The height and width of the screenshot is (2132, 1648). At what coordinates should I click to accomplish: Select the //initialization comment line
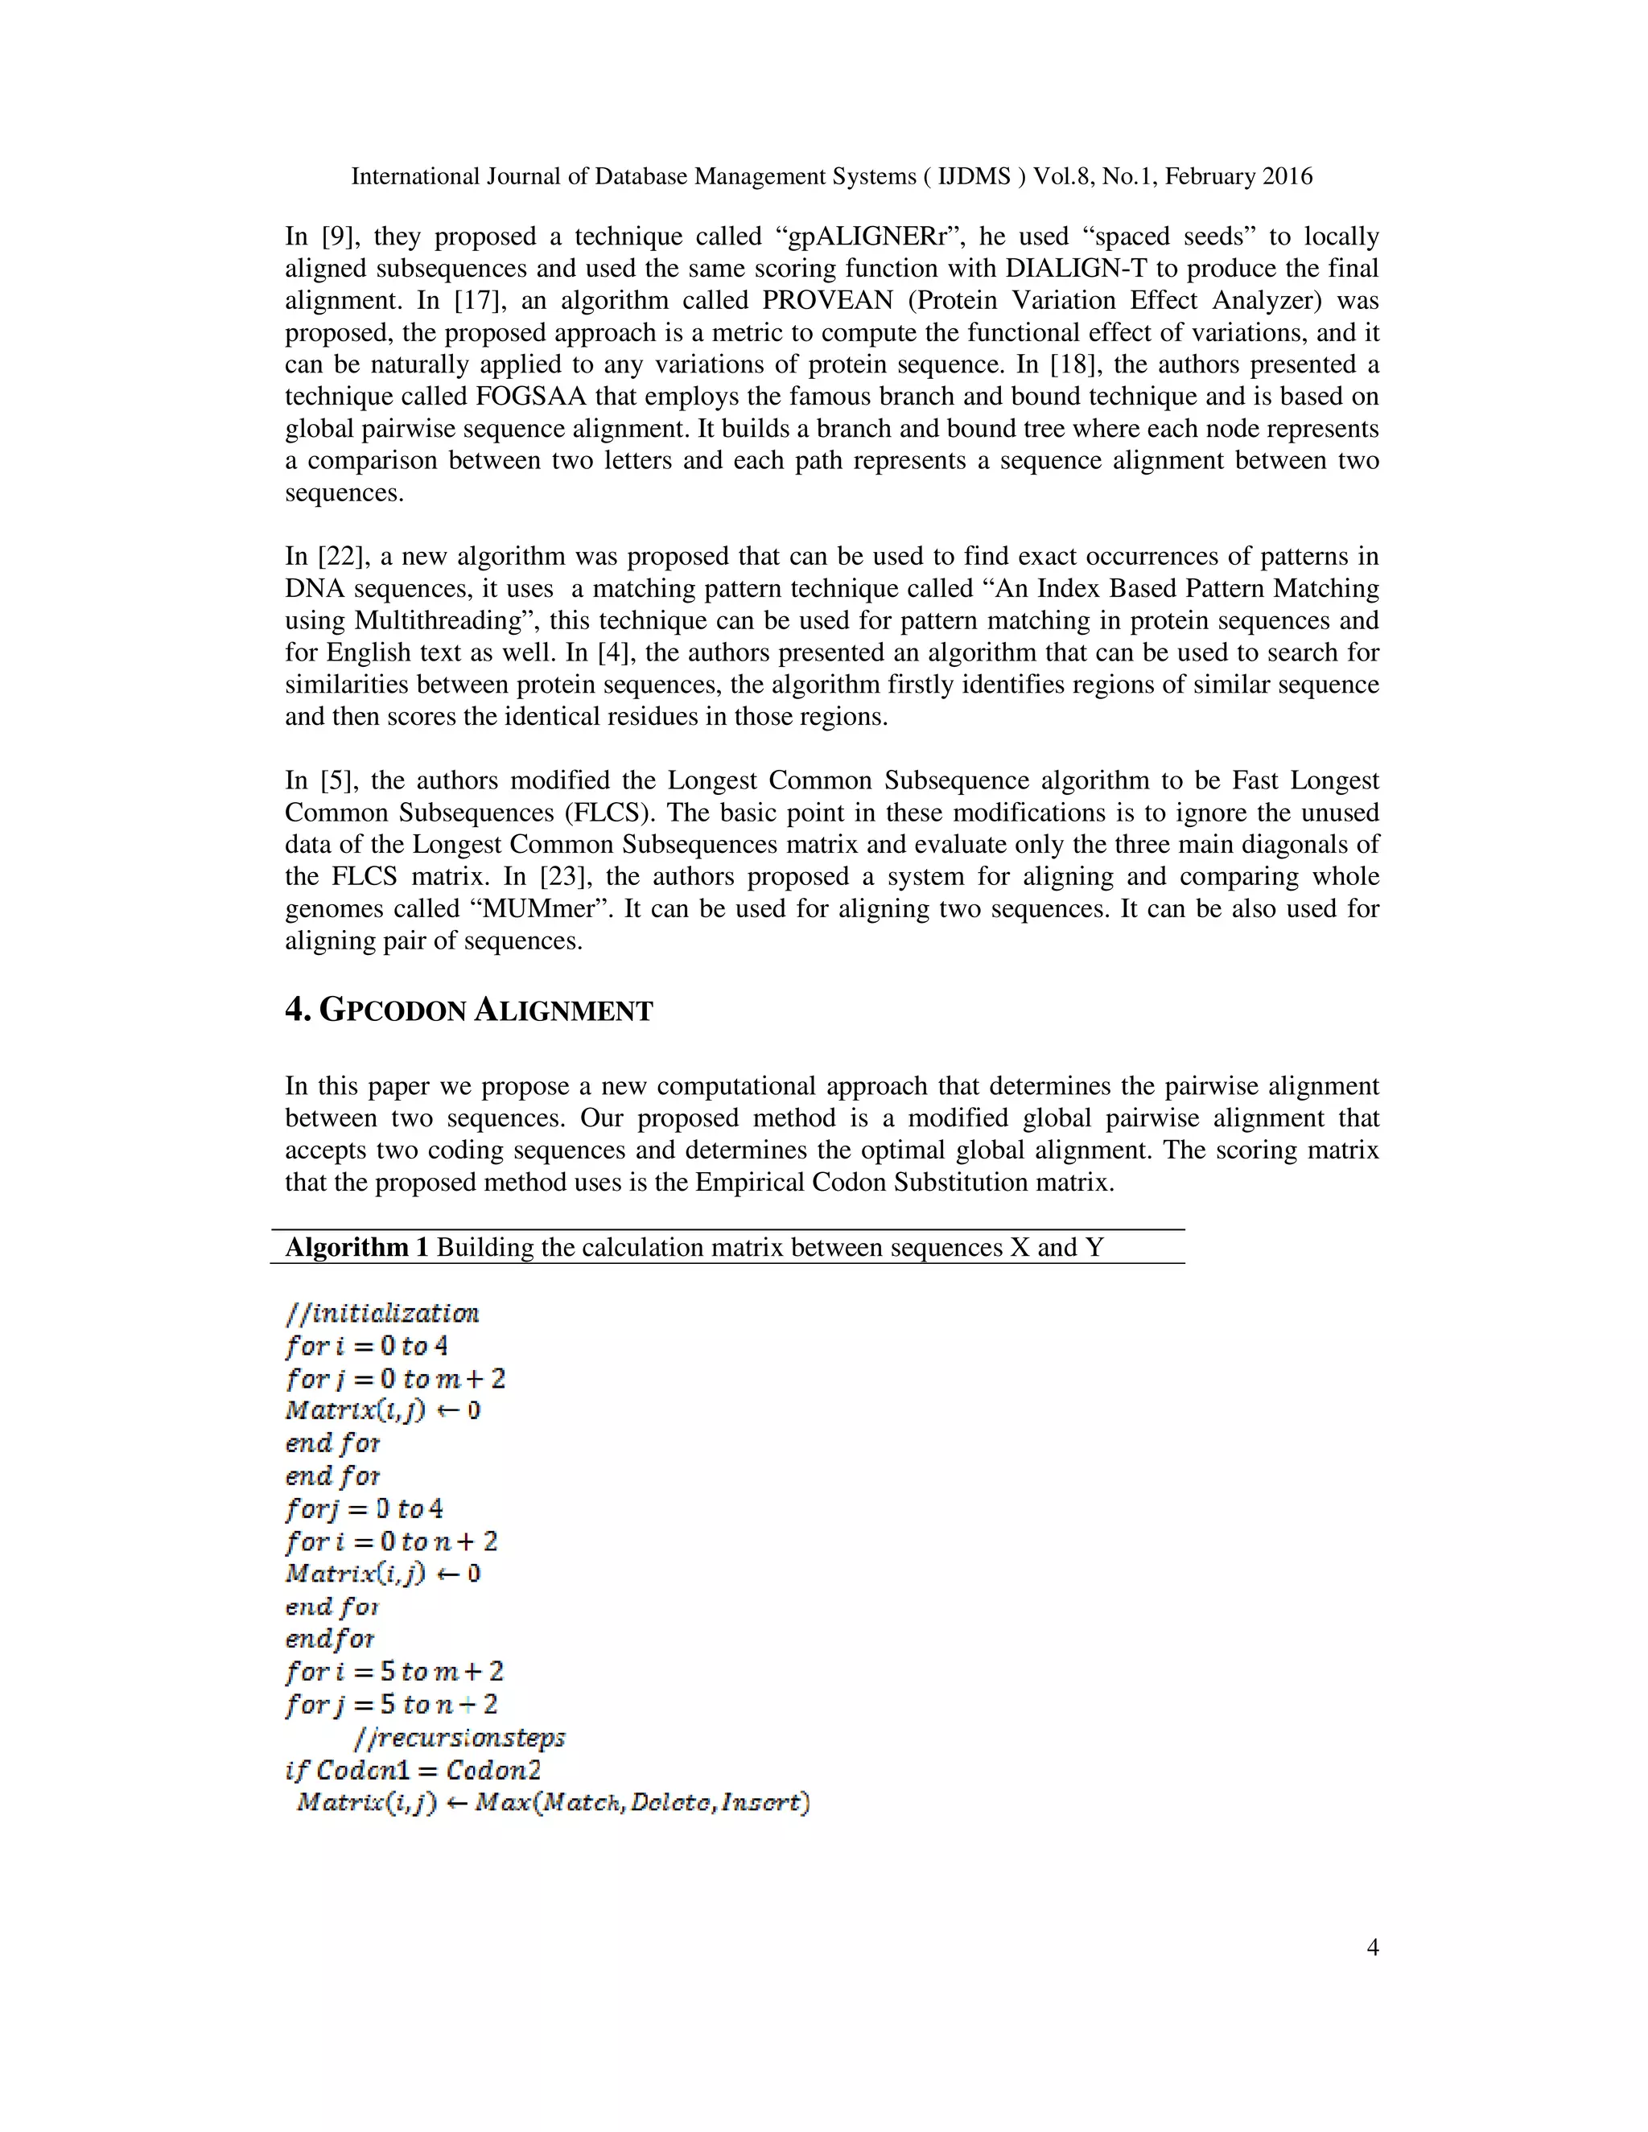(x=381, y=1313)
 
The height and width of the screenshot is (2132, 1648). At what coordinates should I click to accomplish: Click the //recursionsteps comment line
(x=459, y=1738)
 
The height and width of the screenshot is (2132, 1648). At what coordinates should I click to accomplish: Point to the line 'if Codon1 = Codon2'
(x=413, y=1770)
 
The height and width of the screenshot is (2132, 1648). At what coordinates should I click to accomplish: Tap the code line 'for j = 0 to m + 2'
(x=395, y=1378)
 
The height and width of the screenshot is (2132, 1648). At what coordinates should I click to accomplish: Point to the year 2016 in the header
(x=1287, y=177)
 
